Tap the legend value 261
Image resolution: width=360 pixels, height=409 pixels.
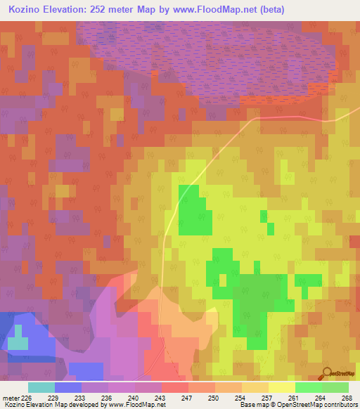(x=294, y=397)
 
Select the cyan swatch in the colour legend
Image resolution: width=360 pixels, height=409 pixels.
(x=41, y=387)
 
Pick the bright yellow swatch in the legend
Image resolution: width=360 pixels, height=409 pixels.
(x=281, y=387)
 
